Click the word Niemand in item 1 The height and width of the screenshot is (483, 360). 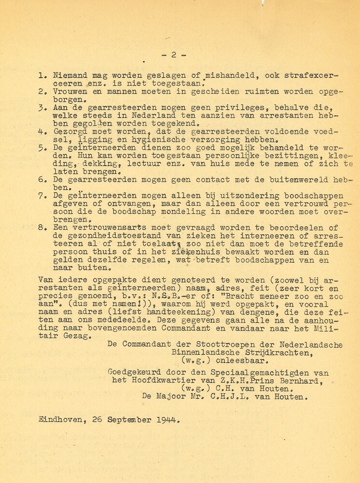(65, 76)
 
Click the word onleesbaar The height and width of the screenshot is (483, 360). (237, 360)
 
